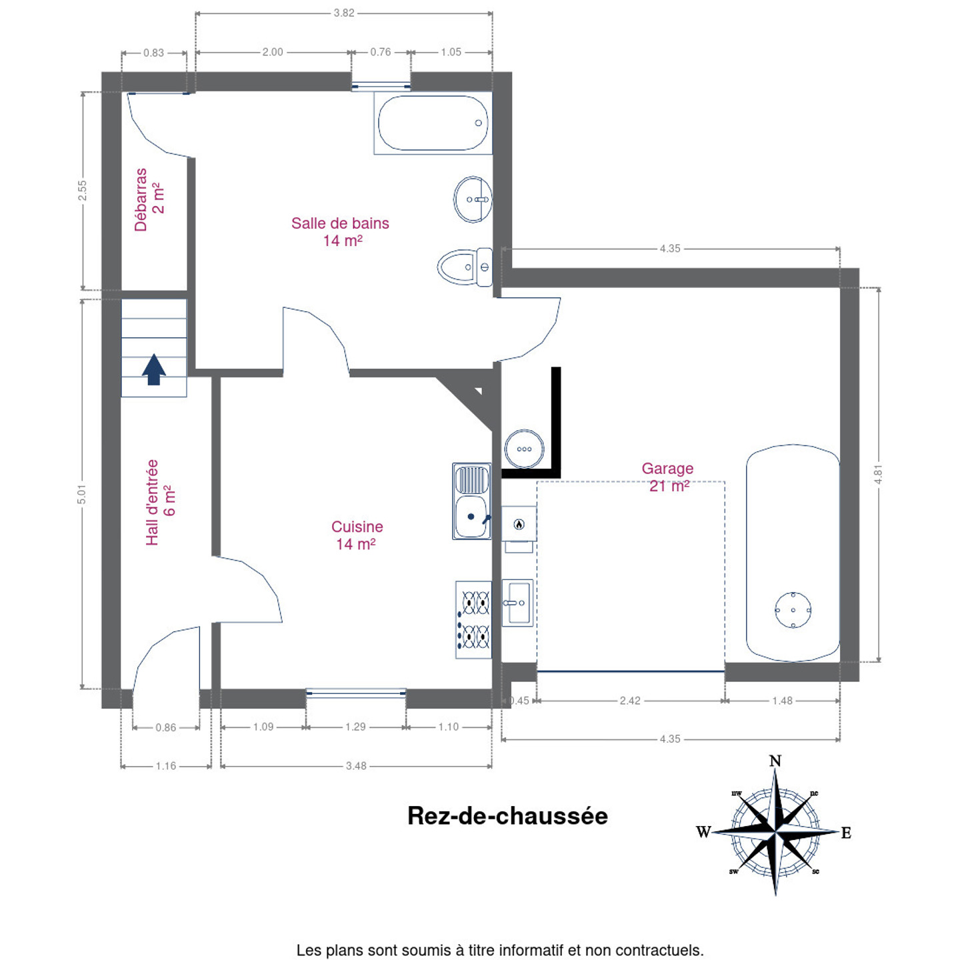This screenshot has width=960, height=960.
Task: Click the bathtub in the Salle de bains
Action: tap(433, 123)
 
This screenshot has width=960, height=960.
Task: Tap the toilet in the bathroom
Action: tap(465, 267)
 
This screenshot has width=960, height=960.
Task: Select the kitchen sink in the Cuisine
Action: tap(472, 501)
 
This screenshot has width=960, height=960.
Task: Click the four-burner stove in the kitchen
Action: tap(473, 620)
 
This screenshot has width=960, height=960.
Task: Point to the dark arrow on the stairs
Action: tap(154, 369)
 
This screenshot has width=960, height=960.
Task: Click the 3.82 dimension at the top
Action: tap(344, 13)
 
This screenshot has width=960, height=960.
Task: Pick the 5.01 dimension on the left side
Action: tap(82, 494)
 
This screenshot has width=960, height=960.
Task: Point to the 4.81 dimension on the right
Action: tap(878, 474)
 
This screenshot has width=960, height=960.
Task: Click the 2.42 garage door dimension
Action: tap(630, 701)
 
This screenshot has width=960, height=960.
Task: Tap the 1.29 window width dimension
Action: tap(355, 727)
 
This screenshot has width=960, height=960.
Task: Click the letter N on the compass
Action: tap(775, 761)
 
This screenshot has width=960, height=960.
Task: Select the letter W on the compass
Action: tap(703, 832)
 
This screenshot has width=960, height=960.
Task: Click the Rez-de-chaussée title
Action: tap(507, 816)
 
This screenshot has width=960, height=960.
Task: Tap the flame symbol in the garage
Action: tap(519, 524)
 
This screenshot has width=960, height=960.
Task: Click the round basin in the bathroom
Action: tap(473, 199)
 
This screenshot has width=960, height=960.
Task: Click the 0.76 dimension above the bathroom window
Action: tap(380, 52)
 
